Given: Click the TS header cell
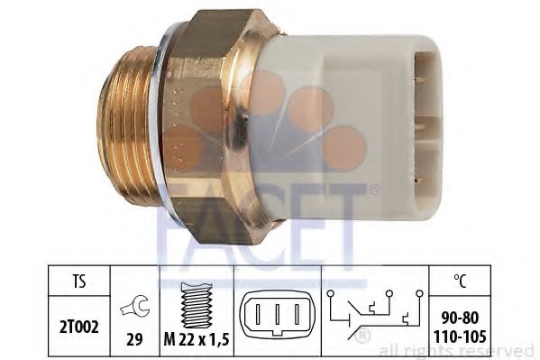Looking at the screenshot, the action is (79, 281).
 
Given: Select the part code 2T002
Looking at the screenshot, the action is (79, 327).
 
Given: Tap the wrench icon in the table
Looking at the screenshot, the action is (135, 307).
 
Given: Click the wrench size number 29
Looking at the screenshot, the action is (134, 339).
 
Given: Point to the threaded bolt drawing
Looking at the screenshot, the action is (197, 306).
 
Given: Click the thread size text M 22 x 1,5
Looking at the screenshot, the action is (197, 340).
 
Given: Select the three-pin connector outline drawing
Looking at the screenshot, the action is (278, 313).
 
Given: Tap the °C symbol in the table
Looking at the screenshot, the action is (460, 281).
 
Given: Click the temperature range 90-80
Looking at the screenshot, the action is (460, 318).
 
